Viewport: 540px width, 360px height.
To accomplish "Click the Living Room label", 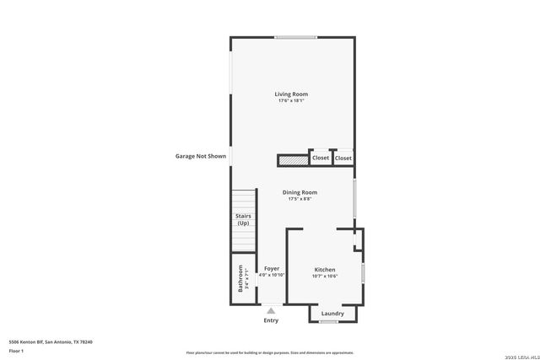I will tap(291, 94).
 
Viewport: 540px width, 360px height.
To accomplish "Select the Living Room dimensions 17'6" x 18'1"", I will tap(291, 101).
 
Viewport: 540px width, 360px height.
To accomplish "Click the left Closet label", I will tap(321, 158).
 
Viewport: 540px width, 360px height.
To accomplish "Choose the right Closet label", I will tap(343, 158).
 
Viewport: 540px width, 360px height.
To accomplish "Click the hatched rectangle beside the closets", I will tap(293, 159).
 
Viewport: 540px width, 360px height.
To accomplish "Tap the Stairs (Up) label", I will tap(243, 220).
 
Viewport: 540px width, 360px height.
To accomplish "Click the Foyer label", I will tap(272, 268).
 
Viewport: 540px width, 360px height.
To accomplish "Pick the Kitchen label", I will tap(325, 270).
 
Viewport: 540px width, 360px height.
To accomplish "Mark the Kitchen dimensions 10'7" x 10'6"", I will tap(325, 277).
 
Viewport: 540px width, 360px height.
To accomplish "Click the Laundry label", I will tap(332, 314).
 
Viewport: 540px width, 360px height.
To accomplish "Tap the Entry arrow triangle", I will tap(271, 311).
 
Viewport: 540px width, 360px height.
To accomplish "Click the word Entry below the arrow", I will tap(271, 320).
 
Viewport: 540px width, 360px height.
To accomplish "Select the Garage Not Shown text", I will tap(200, 156).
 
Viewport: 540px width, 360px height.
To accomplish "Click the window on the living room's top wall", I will tap(295, 36).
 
